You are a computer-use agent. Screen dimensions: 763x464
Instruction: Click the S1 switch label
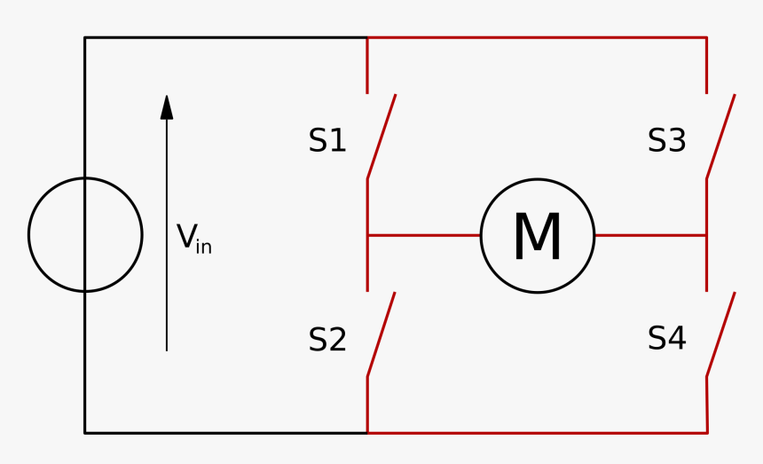pyautogui.click(x=327, y=140)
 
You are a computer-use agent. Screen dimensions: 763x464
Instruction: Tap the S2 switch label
pyautogui.click(x=327, y=339)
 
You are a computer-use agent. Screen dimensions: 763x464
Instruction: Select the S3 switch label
pyautogui.click(x=666, y=140)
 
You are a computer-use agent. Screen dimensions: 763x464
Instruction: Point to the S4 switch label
pyautogui.click(x=666, y=338)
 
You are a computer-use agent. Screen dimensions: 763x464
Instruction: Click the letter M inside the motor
pyautogui.click(x=538, y=236)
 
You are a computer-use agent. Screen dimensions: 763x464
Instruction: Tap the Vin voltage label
pyautogui.click(x=193, y=239)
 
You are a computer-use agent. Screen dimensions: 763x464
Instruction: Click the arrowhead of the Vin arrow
pyautogui.click(x=167, y=107)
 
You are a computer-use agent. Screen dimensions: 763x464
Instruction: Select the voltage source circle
pyautogui.click(x=28, y=235)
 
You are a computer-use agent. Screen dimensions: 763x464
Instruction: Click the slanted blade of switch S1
pyautogui.click(x=381, y=137)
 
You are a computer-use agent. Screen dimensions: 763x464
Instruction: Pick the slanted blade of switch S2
pyautogui.click(x=381, y=334)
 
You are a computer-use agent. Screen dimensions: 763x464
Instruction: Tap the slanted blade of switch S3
pyautogui.click(x=720, y=137)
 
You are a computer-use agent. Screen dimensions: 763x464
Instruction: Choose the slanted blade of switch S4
pyautogui.click(x=720, y=334)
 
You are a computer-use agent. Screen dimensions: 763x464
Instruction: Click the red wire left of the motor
pyautogui.click(x=424, y=235)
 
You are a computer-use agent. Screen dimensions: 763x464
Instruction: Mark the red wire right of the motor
pyautogui.click(x=650, y=235)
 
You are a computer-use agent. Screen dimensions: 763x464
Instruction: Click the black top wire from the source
pyautogui.click(x=225, y=37)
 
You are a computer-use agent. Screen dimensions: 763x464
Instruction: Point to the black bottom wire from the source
pyautogui.click(x=225, y=433)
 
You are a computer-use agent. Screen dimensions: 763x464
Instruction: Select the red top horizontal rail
pyautogui.click(x=538, y=37)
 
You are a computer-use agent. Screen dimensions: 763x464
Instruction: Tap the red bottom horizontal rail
pyautogui.click(x=538, y=433)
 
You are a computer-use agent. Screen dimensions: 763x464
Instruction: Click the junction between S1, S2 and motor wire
pyautogui.click(x=367, y=235)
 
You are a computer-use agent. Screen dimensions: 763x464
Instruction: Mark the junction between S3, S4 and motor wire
pyautogui.click(x=706, y=235)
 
